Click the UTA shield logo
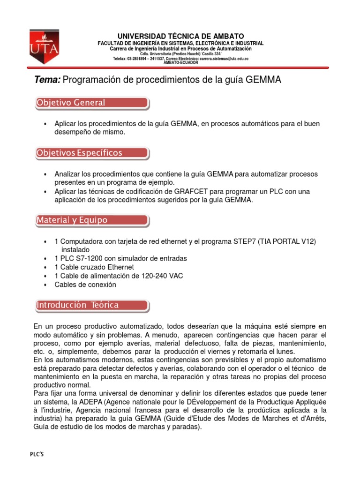point(45,47)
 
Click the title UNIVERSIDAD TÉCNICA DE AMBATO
point(180,36)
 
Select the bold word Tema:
point(47,80)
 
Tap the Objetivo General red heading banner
point(92,103)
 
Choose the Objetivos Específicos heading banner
point(92,153)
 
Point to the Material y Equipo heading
point(92,220)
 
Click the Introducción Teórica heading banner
point(92,305)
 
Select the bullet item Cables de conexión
point(85,285)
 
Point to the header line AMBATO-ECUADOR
point(180,63)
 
